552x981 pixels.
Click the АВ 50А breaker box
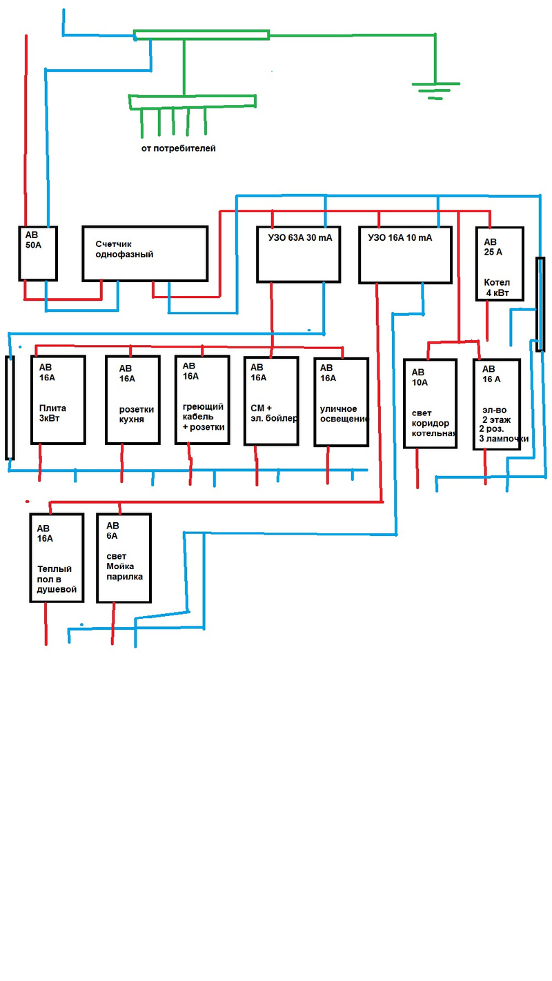click(37, 252)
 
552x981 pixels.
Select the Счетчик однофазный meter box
click(145, 253)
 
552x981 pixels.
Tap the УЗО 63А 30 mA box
click(299, 254)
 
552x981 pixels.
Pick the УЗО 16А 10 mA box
click(406, 255)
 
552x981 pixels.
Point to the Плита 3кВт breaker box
click(58, 399)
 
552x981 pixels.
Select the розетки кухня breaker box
click(132, 399)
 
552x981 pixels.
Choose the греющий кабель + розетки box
click(201, 399)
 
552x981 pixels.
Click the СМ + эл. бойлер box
click(271, 401)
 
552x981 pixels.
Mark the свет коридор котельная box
click(429, 404)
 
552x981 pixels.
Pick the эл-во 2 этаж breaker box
click(497, 404)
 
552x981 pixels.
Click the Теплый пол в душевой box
click(57, 557)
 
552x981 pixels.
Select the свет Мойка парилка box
click(124, 557)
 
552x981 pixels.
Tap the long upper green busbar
click(201, 35)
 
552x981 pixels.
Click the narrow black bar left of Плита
click(10, 407)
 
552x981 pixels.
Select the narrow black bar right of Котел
click(540, 304)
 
